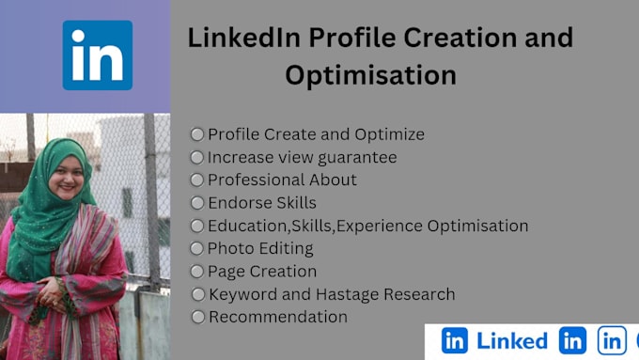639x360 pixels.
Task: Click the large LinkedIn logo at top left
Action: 98,55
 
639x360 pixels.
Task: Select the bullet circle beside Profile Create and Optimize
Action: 197,134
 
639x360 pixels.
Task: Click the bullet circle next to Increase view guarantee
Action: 197,157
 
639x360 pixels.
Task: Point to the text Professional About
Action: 282,180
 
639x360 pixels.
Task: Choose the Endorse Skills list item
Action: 262,202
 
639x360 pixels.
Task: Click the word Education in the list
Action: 247,226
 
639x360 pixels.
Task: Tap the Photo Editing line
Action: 260,248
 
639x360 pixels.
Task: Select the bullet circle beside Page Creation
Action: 197,272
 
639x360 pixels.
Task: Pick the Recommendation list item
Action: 278,317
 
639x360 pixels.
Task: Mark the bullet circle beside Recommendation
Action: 197,317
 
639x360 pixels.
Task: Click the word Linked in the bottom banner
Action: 512,341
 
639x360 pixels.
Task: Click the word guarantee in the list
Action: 356,157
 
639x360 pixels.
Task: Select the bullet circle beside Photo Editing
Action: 197,248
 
